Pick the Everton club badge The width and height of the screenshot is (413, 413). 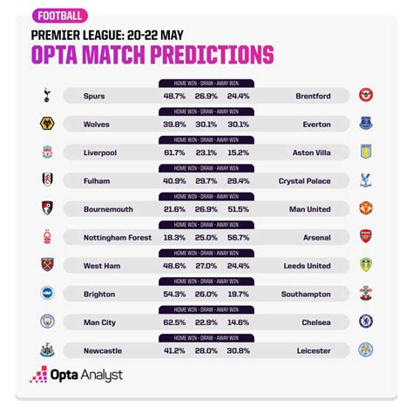click(x=366, y=124)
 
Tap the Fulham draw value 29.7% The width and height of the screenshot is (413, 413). click(x=206, y=179)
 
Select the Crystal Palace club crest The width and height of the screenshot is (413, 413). click(x=366, y=179)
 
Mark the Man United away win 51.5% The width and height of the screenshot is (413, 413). click(x=240, y=208)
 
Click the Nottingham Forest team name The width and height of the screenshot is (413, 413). click(x=118, y=236)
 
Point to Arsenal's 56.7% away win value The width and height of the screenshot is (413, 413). click(x=240, y=236)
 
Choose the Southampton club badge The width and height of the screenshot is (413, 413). click(x=366, y=294)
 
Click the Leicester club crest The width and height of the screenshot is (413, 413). click(x=366, y=349)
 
